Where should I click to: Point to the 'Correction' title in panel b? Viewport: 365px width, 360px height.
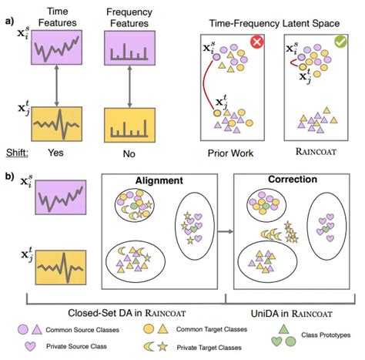click(x=287, y=180)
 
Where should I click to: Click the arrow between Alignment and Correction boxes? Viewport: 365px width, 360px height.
click(x=223, y=230)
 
